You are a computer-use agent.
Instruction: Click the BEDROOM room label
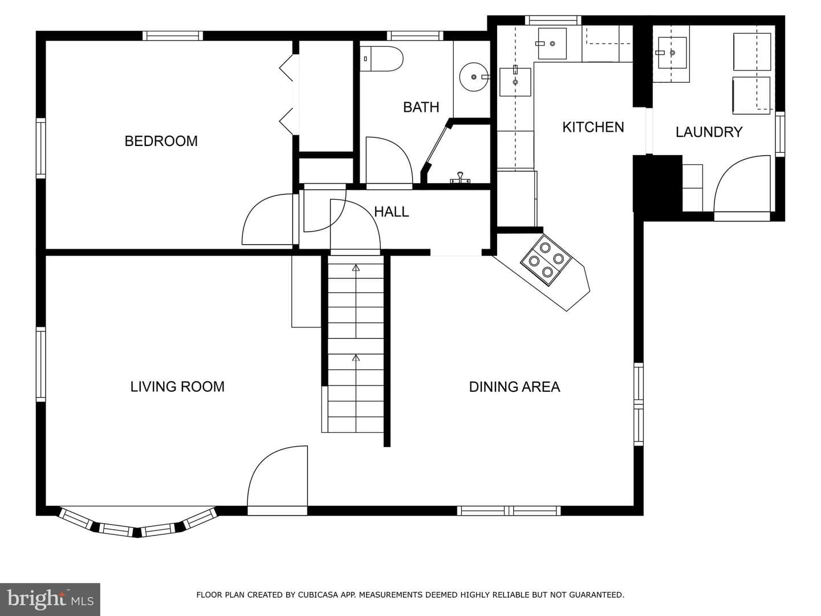point(161,141)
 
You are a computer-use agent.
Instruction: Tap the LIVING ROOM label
point(177,386)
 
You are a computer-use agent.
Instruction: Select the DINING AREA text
point(514,387)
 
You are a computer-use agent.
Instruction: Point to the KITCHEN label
point(593,127)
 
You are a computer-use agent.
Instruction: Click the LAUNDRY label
point(709,132)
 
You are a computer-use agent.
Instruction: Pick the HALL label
point(391,212)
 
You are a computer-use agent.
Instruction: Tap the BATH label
point(421,107)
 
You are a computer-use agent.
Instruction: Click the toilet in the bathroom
point(381,59)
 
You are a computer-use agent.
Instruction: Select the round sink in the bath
point(474,77)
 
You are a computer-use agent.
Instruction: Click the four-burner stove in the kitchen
point(546,260)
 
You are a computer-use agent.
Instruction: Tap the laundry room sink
point(672,52)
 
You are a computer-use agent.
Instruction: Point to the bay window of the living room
point(137,522)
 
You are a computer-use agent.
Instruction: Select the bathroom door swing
point(389,160)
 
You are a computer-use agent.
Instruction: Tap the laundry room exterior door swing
point(742,184)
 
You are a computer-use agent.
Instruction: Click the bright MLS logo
point(50,599)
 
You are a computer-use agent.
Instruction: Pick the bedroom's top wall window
point(172,36)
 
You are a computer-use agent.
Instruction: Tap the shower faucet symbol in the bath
point(460,178)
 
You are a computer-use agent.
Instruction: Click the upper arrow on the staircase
point(356,268)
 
